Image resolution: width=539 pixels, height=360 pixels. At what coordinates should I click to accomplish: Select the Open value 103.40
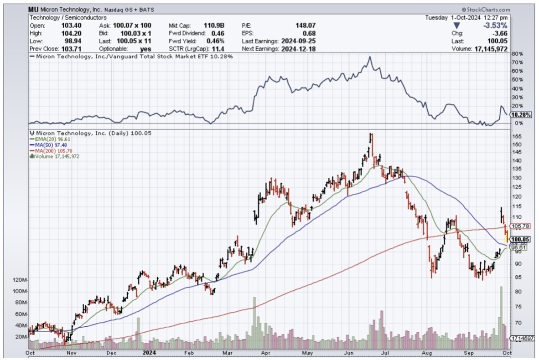[68, 25]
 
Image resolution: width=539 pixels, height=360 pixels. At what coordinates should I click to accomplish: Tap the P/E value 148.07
[306, 25]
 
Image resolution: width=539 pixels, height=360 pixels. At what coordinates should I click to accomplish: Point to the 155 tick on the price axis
[516, 137]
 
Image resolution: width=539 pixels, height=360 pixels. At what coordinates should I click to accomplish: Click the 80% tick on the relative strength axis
[517, 54]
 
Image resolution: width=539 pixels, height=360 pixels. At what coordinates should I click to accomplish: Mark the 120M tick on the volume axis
[19, 279]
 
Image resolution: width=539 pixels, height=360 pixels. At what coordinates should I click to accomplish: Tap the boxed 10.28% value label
[521, 115]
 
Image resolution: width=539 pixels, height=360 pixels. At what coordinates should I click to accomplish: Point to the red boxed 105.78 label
[521, 226]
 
